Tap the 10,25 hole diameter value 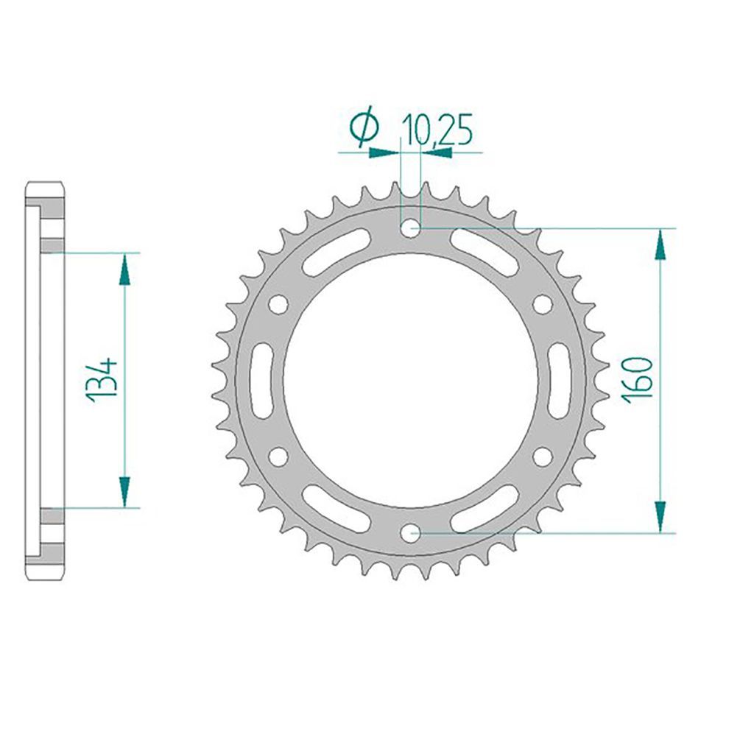tap(437, 130)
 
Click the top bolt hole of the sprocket tap(410, 228)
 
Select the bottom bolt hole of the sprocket tap(410, 533)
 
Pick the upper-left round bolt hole tap(278, 304)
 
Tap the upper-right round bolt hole tap(543, 304)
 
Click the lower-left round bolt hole tap(278, 457)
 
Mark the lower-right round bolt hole tap(543, 457)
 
